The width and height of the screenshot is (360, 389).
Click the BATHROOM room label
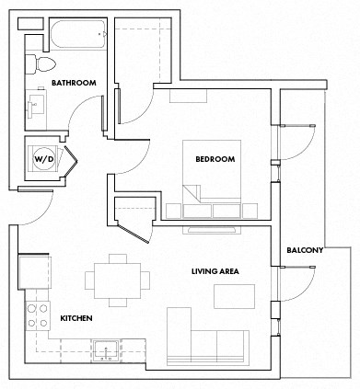click(74, 83)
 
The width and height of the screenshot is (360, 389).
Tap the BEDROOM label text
click(215, 159)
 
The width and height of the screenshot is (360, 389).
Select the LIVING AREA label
click(215, 271)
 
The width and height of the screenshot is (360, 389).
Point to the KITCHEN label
click(76, 318)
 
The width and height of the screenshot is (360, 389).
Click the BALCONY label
click(304, 250)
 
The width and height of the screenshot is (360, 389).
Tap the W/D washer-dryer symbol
click(44, 158)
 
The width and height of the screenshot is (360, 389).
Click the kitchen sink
click(106, 349)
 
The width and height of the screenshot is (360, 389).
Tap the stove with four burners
click(38, 315)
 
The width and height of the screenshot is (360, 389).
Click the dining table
click(117, 280)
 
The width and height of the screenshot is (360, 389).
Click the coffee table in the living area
click(235, 295)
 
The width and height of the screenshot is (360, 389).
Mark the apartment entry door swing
click(32, 206)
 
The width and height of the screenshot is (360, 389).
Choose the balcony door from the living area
click(296, 280)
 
